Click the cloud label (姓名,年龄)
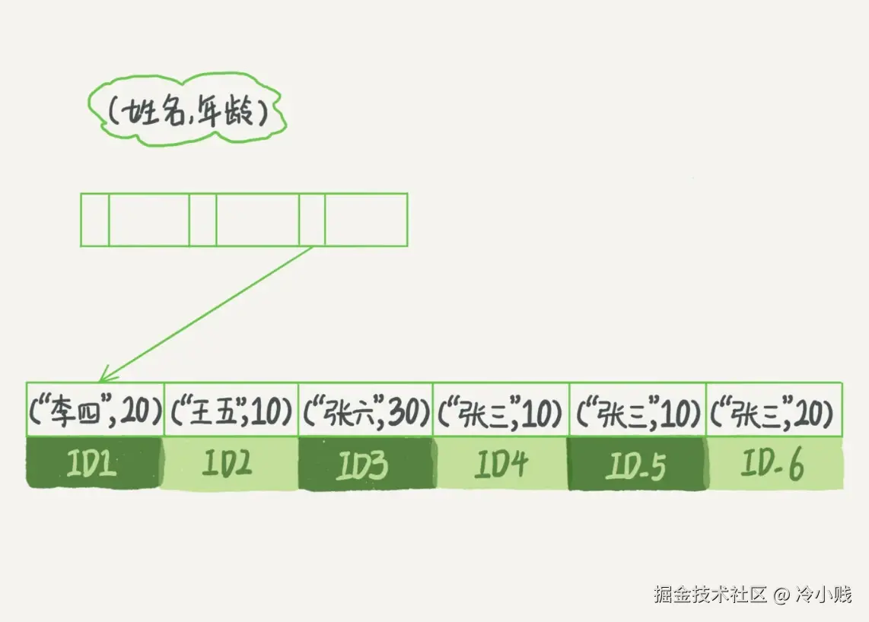[186, 113]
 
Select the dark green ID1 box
[94, 463]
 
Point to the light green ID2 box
[230, 463]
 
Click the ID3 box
[365, 463]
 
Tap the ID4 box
[500, 463]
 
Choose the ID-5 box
[637, 463]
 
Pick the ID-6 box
[774, 463]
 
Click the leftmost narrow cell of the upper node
[95, 220]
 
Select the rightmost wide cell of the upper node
[366, 220]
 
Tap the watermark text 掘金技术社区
[709, 595]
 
